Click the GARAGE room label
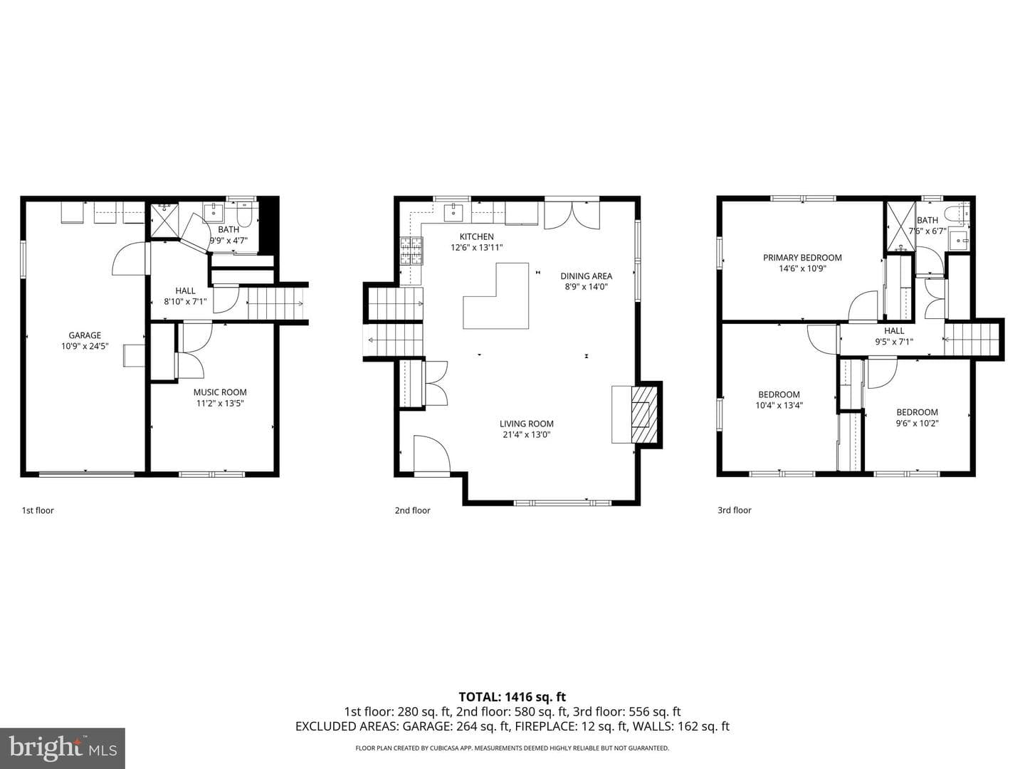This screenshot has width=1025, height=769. point(85,335)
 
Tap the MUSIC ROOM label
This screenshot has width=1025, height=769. point(220,392)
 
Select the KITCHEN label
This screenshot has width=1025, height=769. point(476,236)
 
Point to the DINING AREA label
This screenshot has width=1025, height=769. point(586,276)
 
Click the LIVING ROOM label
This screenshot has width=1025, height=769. point(526,424)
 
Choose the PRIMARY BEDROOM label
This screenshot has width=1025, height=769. point(802,257)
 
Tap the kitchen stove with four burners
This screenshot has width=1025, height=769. point(411,251)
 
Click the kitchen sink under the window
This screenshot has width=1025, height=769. point(453,212)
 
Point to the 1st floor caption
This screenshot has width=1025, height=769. point(38,511)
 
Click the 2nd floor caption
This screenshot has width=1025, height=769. point(412,511)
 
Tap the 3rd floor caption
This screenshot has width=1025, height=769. point(735,511)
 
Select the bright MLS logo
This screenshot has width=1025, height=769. point(63,748)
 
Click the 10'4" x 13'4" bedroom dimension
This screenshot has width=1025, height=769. point(779,405)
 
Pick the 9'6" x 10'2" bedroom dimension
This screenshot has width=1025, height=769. point(917,423)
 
